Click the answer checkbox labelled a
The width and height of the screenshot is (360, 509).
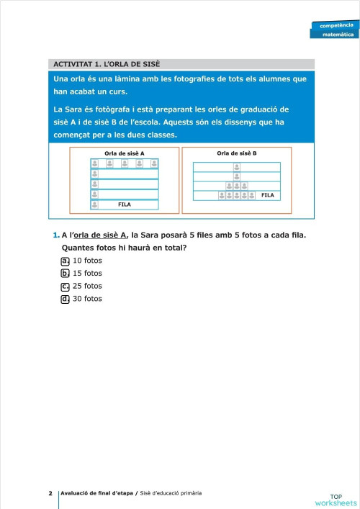tap(66, 261)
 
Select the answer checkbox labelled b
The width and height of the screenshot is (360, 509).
tap(66, 274)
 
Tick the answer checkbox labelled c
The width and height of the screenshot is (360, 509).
tap(66, 286)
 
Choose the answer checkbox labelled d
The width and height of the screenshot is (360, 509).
tap(66, 299)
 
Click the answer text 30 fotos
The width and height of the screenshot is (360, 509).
tap(88, 299)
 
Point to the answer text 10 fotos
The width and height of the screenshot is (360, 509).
tap(88, 261)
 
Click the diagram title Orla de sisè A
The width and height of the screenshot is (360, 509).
tap(125, 153)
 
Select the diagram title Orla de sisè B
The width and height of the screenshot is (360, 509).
tap(237, 153)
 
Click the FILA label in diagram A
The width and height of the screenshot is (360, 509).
tap(125, 205)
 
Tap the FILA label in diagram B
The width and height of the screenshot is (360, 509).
tap(268, 195)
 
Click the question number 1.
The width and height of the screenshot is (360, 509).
tap(55, 235)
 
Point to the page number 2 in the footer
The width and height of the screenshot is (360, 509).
tap(50, 493)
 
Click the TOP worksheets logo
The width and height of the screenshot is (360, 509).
tap(336, 499)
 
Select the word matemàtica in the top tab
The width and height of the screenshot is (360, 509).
tap(338, 34)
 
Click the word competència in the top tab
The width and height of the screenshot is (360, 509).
tap(337, 25)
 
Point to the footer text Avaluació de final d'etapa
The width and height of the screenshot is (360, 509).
tap(97, 493)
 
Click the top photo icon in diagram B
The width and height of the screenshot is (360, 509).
tap(237, 167)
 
